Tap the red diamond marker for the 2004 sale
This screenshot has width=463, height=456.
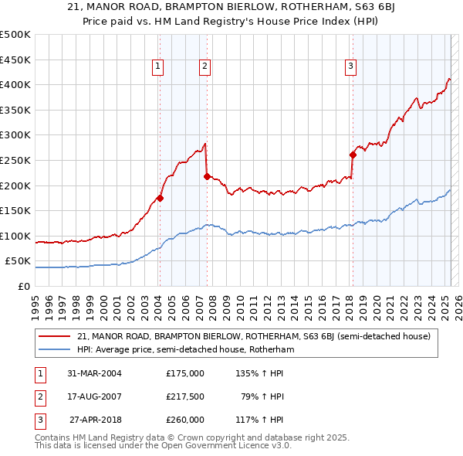tap(160, 198)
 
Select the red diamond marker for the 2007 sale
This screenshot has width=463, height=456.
tap(207, 176)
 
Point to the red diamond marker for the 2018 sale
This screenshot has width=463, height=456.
tap(353, 155)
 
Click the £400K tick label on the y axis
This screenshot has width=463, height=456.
tap(15, 84)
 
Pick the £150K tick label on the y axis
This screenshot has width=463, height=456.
tap(15, 210)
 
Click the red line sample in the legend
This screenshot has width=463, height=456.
tap(55, 336)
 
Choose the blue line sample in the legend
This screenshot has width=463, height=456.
tap(55, 349)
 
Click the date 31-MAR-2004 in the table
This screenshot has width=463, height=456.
tap(94, 373)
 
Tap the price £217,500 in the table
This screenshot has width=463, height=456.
tap(185, 396)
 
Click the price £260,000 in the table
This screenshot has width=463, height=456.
tap(185, 420)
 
